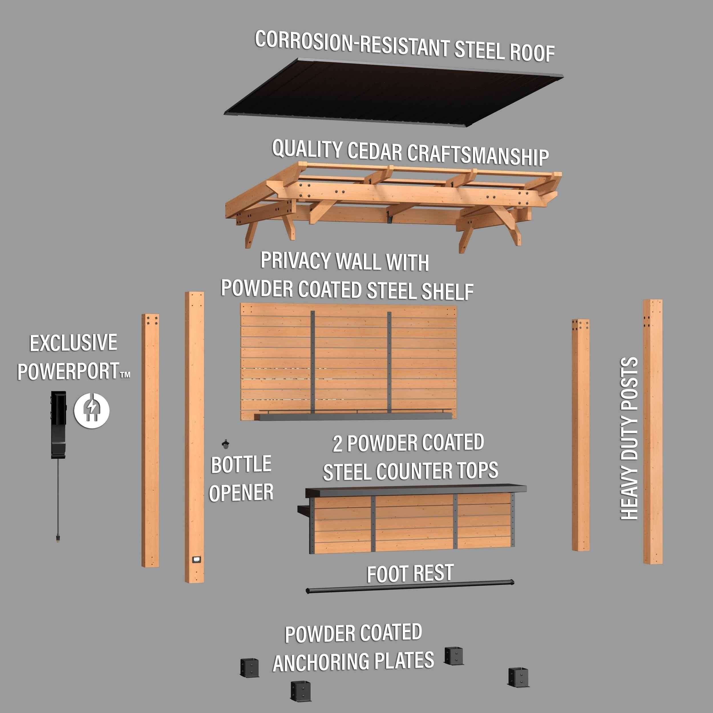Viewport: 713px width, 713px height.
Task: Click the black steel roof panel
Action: pos(393,92)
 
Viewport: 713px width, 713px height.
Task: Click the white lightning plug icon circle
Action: pos(92,410)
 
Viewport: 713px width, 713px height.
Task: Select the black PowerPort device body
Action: pos(59,424)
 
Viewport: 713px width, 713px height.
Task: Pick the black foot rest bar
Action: pos(410,586)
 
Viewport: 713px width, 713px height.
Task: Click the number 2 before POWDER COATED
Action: pos(337,444)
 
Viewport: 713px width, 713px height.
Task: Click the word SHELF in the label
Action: pos(448,291)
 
